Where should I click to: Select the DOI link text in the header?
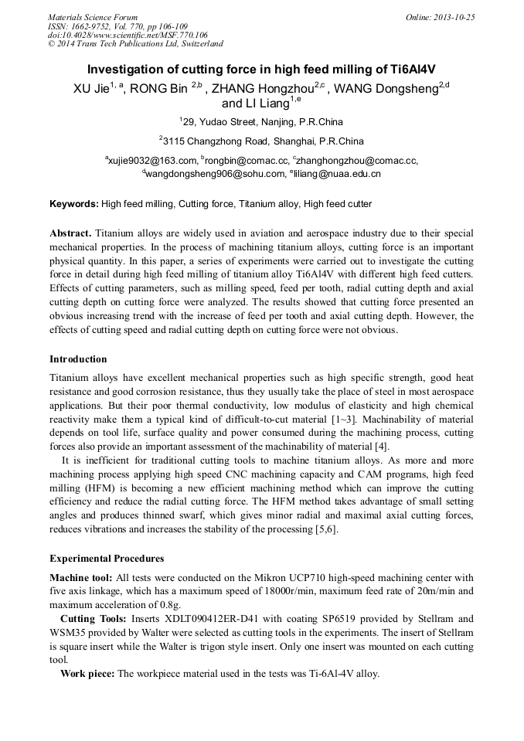tap(128, 35)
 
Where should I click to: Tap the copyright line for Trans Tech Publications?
tap(135, 44)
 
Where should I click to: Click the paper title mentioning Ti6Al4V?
tap(261, 69)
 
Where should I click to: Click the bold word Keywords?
tap(73, 204)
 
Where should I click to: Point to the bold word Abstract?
tap(70, 233)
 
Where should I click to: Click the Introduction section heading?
tap(78, 359)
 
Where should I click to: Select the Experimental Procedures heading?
tap(107, 559)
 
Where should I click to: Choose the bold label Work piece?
tap(87, 674)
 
